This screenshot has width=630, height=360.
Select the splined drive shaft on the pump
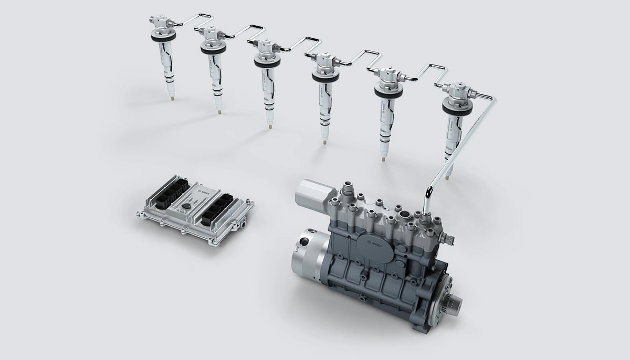coord(454,302)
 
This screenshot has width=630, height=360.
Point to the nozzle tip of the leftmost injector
coord(172,97)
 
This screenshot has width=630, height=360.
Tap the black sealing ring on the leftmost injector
coord(163,37)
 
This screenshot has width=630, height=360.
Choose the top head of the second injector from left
coord(211,35)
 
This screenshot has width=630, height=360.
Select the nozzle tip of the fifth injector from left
coord(384,156)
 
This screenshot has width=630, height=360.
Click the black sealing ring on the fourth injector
coord(325,77)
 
